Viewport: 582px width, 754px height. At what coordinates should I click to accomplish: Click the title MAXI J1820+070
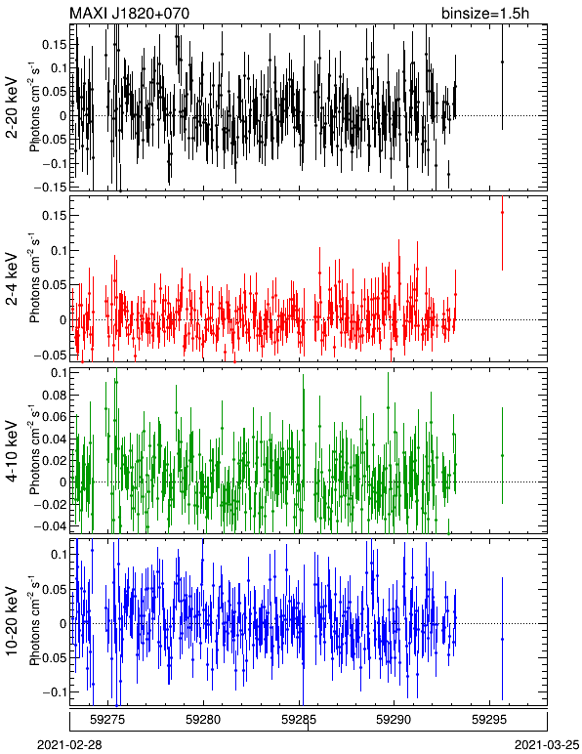tap(129, 13)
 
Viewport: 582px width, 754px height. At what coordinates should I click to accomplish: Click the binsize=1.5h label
tap(485, 13)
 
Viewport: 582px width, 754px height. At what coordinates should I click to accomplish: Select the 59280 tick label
tap(203, 720)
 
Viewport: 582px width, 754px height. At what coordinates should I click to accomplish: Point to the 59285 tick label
tap(299, 720)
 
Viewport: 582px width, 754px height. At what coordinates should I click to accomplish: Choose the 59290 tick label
tap(395, 720)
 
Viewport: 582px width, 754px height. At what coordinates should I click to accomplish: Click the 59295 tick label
tap(489, 720)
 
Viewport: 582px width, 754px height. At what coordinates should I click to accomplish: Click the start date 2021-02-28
tap(69, 745)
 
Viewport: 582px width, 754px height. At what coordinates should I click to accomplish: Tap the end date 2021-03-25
tap(547, 745)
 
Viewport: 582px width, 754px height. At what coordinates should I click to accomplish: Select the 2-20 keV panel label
tap(12, 107)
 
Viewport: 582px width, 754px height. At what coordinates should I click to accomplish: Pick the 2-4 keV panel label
tap(12, 279)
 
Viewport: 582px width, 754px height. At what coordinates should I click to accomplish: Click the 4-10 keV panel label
tap(12, 450)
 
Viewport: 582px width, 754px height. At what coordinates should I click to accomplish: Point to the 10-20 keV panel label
tap(12, 621)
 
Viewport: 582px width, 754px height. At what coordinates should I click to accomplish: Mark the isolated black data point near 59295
tap(502, 63)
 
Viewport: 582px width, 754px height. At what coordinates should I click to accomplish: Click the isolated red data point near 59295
tap(502, 212)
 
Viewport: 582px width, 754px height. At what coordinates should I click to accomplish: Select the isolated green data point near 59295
tap(502, 455)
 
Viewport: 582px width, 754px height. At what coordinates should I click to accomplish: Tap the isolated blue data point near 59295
tap(502, 639)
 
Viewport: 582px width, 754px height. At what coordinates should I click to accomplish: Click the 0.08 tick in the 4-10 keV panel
tap(54, 395)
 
